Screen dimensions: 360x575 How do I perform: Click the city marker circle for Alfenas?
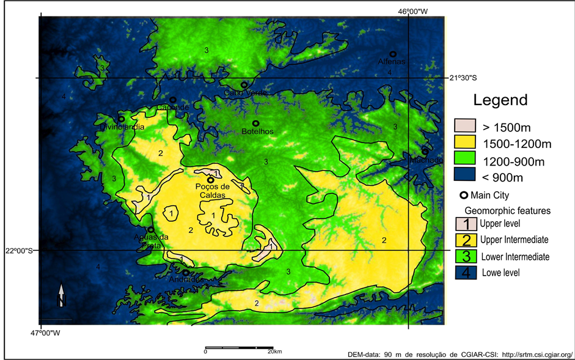pos(393,54)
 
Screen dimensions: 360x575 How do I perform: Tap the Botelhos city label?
pos(257,131)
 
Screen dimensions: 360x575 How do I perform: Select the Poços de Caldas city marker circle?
pos(210,180)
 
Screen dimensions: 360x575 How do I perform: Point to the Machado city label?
pos(426,160)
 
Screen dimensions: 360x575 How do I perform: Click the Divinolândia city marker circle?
pos(122,119)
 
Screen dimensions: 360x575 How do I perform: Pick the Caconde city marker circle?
pos(173,100)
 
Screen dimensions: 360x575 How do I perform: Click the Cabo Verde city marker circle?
pos(244,85)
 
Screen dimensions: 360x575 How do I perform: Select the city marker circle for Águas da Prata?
pos(151,230)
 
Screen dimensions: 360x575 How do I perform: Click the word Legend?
pos(500,100)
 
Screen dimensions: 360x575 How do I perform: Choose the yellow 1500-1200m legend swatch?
pos(464,144)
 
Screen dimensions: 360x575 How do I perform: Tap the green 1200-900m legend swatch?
pos(464,160)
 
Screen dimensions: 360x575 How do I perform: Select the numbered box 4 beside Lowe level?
pos(466,272)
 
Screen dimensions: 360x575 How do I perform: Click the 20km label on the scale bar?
pos(274,351)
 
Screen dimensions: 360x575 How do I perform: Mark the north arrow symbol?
pos(61,296)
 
